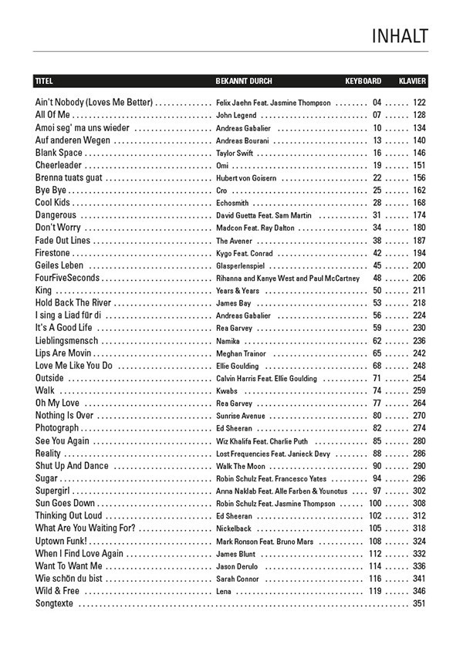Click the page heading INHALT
pyautogui.click(x=399, y=36)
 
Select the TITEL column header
pyautogui.click(x=44, y=81)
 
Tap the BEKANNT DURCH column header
pyautogui.click(x=244, y=81)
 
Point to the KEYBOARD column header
pyautogui.click(x=363, y=81)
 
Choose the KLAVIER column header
pyautogui.click(x=412, y=81)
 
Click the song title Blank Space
pyautogui.click(x=59, y=153)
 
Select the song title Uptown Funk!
pyautogui.click(x=62, y=542)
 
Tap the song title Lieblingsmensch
pyautogui.click(x=66, y=340)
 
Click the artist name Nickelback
pyautogui.click(x=234, y=528)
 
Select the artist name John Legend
pyautogui.click(x=236, y=115)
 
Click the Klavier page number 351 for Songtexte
pyautogui.click(x=419, y=603)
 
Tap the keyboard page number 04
pyautogui.click(x=377, y=103)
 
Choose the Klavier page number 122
pyautogui.click(x=419, y=103)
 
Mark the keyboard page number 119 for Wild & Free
pyautogui.click(x=375, y=591)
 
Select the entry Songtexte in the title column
pyautogui.click(x=55, y=603)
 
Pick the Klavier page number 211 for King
pyautogui.click(x=419, y=290)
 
